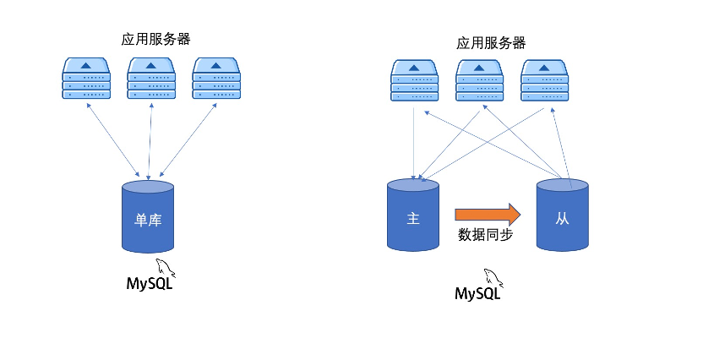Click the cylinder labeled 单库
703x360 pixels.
[148, 217]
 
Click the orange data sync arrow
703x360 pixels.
[488, 212]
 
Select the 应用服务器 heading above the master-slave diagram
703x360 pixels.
[491, 42]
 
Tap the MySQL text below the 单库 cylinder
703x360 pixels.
[148, 281]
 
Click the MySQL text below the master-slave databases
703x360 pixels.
[477, 293]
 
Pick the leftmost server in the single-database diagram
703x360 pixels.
[86, 79]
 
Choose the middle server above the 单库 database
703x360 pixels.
[151, 79]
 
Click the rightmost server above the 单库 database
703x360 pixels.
[216, 79]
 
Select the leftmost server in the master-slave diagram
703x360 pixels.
[414, 83]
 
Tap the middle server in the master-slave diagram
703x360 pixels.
[479, 83]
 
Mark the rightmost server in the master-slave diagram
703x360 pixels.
[544, 83]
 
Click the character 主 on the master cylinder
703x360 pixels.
[413, 218]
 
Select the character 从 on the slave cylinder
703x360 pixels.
[562, 219]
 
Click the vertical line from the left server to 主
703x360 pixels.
[413, 139]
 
